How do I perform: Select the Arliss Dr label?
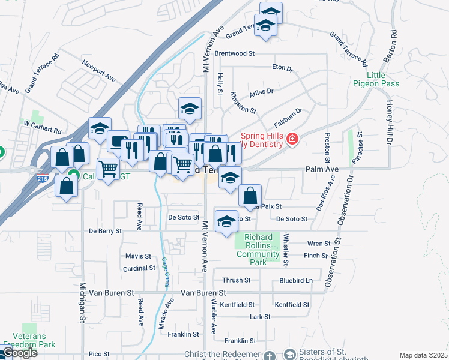pyautogui.click(x=261, y=91)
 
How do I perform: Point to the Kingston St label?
pyautogui.click(x=243, y=103)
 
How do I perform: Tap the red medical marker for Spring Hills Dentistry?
pyautogui.click(x=292, y=140)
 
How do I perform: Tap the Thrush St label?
pyautogui.click(x=236, y=280)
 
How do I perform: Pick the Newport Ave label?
pyautogui.click(x=99, y=70)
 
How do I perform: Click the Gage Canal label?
pyautogui.click(x=164, y=272)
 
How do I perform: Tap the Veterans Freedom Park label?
pyautogui.click(x=29, y=340)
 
